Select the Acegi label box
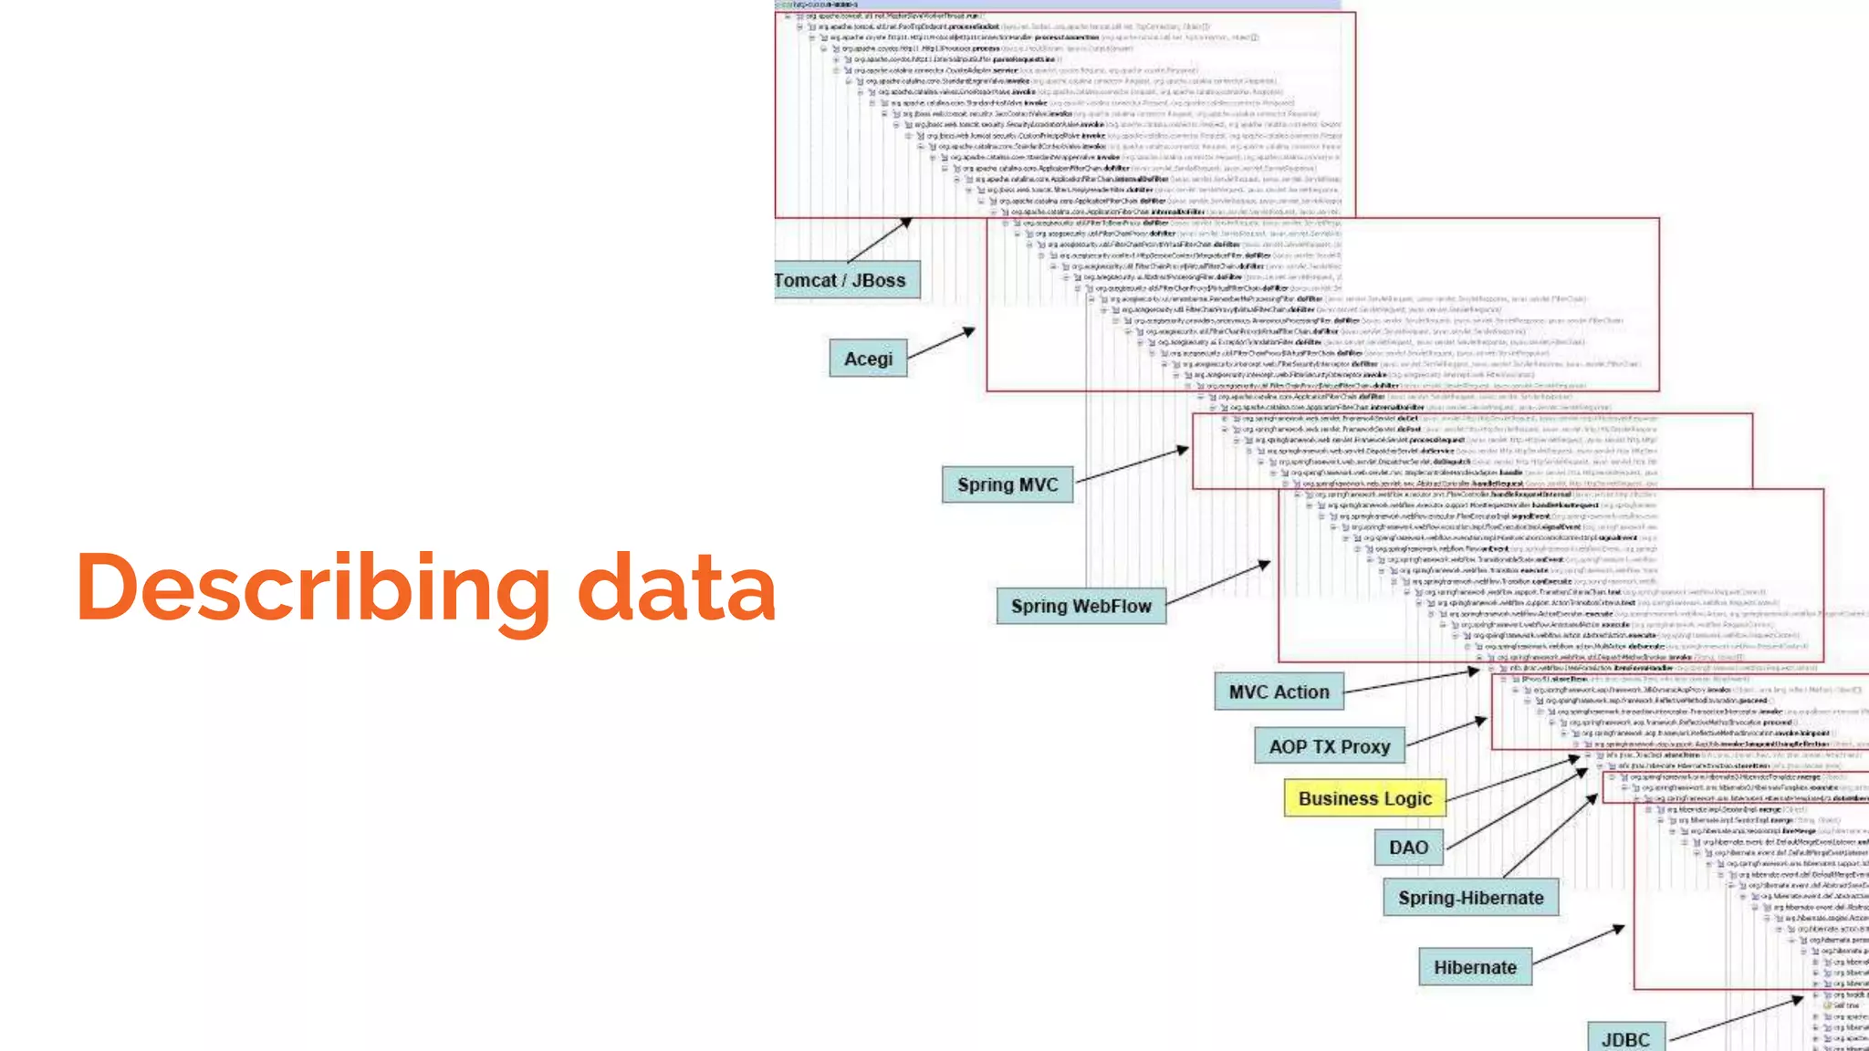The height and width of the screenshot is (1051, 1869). pos(868,359)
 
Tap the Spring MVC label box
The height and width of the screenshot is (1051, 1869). pos(1008,484)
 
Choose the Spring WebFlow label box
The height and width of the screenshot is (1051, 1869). pos(1081,606)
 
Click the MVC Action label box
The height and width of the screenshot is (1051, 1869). pos(1279,692)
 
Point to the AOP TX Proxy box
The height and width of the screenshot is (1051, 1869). pos(1329,746)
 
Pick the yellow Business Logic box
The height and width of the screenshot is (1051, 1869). pos(1364,798)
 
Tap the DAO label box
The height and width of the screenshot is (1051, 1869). pos(1408,848)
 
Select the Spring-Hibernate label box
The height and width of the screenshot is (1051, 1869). pos(1470,898)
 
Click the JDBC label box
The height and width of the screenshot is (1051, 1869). pos(1625,1038)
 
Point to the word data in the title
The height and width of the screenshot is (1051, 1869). pos(676,589)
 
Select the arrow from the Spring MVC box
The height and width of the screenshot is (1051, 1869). pos(1132,464)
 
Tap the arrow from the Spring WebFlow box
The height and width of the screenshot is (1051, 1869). pos(1218,583)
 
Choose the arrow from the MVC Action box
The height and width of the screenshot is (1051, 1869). pos(1411,682)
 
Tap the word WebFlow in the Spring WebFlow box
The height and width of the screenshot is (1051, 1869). pos(1112,606)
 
